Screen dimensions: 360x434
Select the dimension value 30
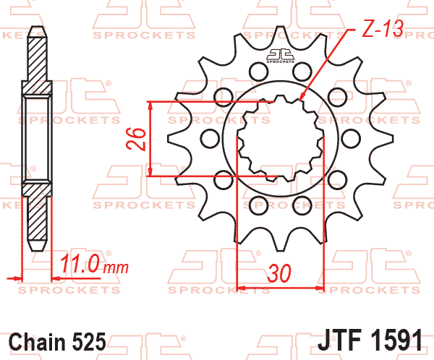coord(279,274)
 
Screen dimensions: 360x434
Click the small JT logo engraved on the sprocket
coord(281,56)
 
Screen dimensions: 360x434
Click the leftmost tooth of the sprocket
coord(172,137)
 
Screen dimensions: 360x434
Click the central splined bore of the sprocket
coord(281,137)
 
